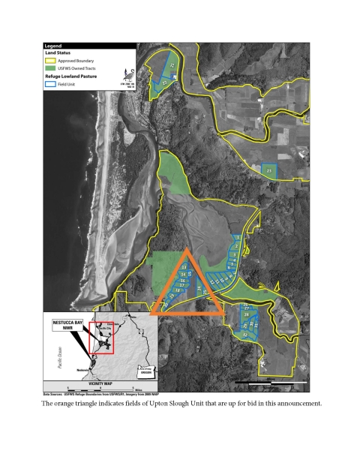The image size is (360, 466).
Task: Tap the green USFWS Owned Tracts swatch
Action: coord(50,68)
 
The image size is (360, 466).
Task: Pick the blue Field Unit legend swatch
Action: coord(50,85)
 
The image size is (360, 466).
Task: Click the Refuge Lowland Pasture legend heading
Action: coord(72,77)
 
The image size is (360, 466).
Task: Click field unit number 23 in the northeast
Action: coord(269,172)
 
